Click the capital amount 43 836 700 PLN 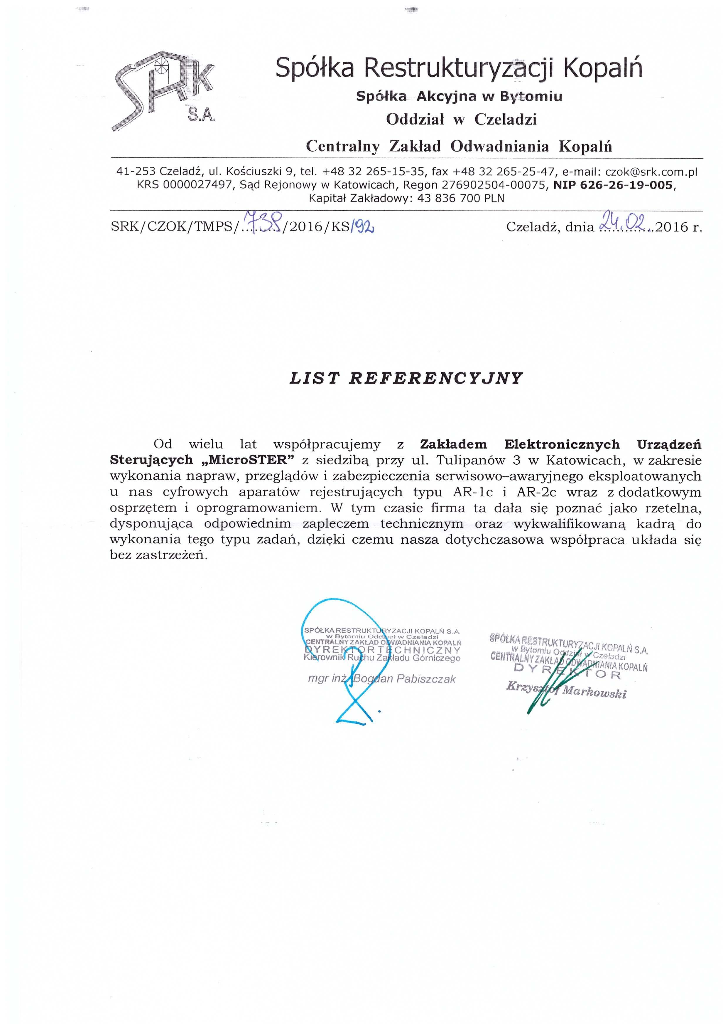tap(460, 198)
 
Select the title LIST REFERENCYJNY tap(406, 379)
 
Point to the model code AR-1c tap(473, 492)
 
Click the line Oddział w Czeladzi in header tap(461, 119)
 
